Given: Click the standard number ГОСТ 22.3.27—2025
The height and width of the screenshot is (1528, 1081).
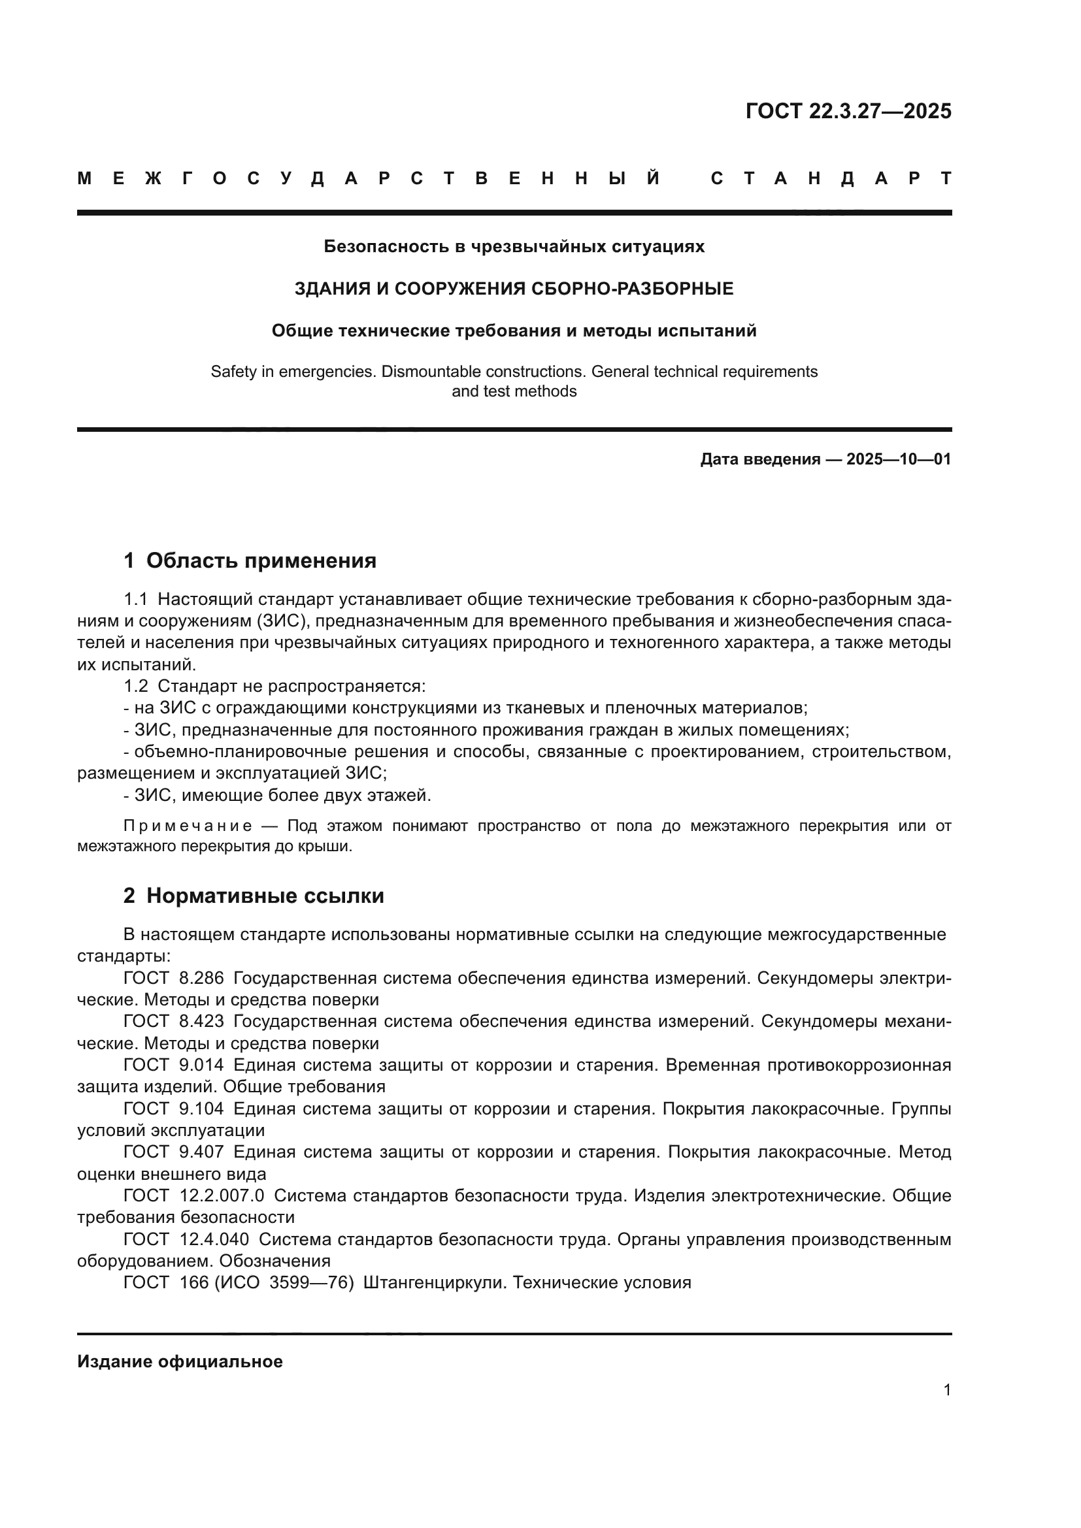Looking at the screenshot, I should (x=848, y=111).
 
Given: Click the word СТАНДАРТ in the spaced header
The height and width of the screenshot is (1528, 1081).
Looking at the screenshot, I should (x=831, y=178).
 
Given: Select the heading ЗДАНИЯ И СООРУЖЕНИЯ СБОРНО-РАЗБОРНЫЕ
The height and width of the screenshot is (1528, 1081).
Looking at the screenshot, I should (x=514, y=289).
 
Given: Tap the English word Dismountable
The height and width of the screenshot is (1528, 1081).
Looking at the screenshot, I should (x=432, y=371).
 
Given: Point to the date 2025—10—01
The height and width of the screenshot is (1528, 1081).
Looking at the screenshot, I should (x=899, y=459).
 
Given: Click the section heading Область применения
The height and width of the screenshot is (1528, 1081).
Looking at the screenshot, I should (x=261, y=561).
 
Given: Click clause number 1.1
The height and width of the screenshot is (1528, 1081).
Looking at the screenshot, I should (x=135, y=600).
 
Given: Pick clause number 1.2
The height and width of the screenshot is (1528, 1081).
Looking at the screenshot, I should (x=135, y=686).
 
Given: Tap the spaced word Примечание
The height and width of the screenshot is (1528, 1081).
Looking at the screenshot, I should (x=188, y=826).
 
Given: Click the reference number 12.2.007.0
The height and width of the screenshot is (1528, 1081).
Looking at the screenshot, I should (x=222, y=1196).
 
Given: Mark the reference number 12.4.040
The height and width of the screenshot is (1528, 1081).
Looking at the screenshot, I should (x=214, y=1239).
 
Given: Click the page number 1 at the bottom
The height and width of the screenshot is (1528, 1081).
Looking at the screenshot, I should (x=946, y=1390).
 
